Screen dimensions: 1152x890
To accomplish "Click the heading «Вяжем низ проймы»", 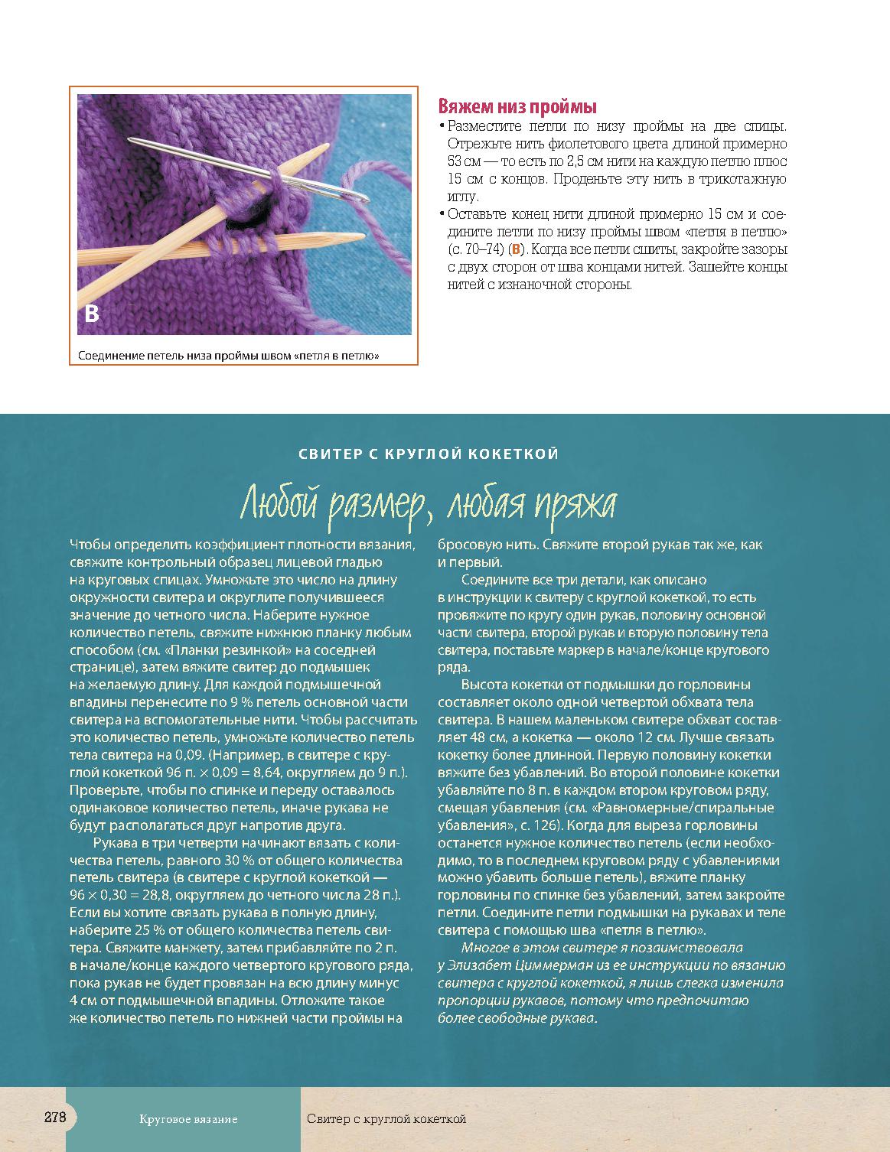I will (517, 106).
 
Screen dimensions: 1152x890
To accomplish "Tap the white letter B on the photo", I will (91, 314).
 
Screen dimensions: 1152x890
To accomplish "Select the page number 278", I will (55, 1117).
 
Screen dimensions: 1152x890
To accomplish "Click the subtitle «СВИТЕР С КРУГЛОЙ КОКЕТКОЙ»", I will (429, 454).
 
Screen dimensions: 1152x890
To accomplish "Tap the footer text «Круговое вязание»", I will (188, 1119).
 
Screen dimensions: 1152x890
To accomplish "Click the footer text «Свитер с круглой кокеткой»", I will (386, 1119).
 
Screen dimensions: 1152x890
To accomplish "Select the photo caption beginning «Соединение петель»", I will (229, 356).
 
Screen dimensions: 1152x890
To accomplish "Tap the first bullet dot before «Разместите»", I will (442, 126).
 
